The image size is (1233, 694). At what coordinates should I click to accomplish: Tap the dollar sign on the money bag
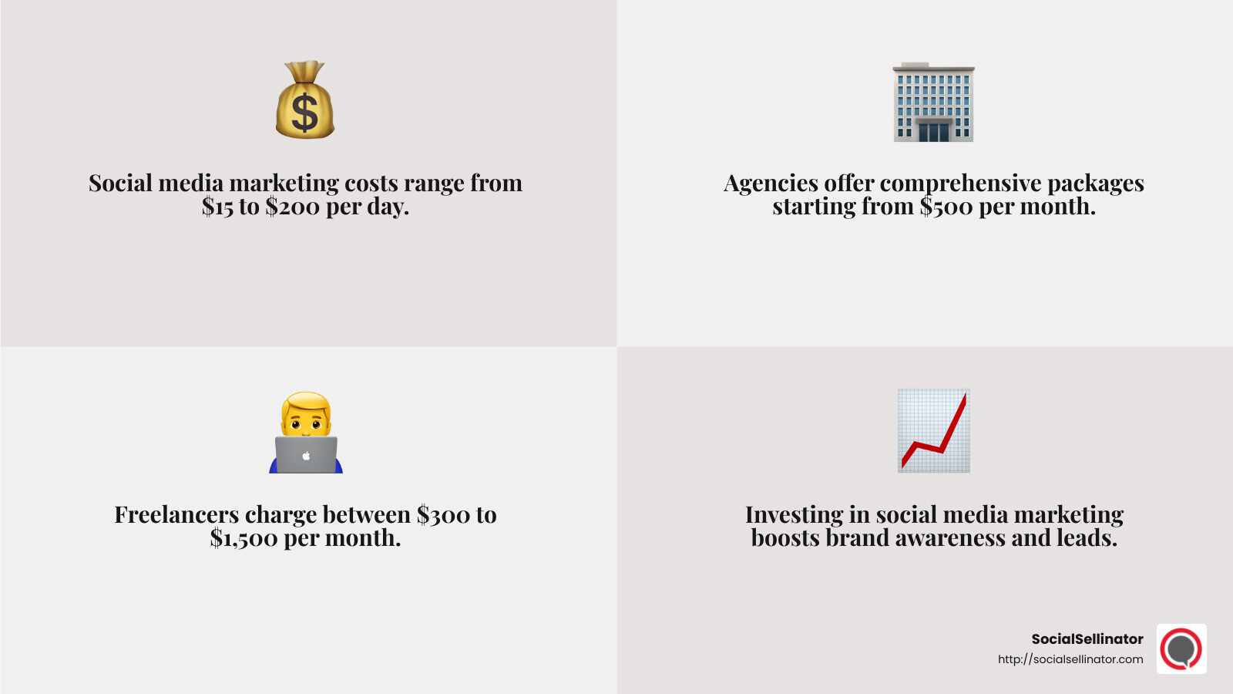(305, 113)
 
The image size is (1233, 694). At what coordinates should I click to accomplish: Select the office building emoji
(933, 103)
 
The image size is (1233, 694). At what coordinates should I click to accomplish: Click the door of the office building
(933, 132)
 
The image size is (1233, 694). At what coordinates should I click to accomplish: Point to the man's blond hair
(306, 403)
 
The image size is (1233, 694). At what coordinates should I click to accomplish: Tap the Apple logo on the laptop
(306, 456)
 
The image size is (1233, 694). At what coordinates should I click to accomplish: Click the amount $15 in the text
(217, 207)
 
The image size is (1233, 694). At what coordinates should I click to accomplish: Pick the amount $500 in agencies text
(946, 207)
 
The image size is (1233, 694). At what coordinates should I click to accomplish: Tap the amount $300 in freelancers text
(443, 515)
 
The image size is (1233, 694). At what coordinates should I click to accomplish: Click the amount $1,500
(244, 538)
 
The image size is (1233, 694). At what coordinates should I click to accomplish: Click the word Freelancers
(176, 515)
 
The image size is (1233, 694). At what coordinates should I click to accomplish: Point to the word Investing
(794, 515)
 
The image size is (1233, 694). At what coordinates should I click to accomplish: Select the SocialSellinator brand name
(1087, 639)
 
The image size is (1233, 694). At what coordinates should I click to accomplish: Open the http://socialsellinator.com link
(1070, 659)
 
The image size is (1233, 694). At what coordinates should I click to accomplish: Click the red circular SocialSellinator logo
(1181, 649)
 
